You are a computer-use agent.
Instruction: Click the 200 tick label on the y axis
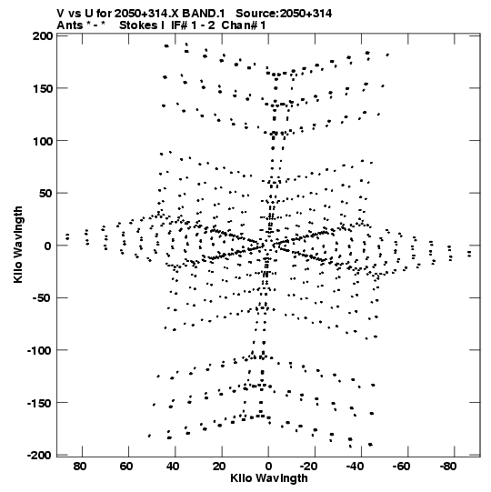tap(43, 36)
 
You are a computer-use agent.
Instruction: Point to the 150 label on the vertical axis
tap(43, 89)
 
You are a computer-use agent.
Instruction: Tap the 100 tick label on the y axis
tap(43, 141)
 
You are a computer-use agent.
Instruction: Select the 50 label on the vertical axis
tap(45, 194)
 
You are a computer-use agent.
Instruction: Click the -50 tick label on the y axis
tap(43, 298)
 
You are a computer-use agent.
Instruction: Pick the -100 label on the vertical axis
tap(39, 350)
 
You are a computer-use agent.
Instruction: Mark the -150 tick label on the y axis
tap(39, 403)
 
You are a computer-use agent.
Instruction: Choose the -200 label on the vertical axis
tap(39, 455)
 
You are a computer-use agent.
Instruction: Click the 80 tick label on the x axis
tap(80, 467)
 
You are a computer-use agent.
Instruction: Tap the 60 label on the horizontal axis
tap(126, 467)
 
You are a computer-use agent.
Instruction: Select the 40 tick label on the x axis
tap(173, 467)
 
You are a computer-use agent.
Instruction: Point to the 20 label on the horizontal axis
tap(219, 467)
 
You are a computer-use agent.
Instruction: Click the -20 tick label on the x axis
tap(308, 467)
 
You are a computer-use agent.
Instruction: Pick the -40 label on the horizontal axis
tap(355, 467)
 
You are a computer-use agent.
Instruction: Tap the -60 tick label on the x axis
tap(401, 467)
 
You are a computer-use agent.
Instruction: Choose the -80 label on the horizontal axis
tap(447, 467)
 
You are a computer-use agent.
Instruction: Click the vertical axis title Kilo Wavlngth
tap(18, 245)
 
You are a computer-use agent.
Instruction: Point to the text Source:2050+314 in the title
tap(284, 14)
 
